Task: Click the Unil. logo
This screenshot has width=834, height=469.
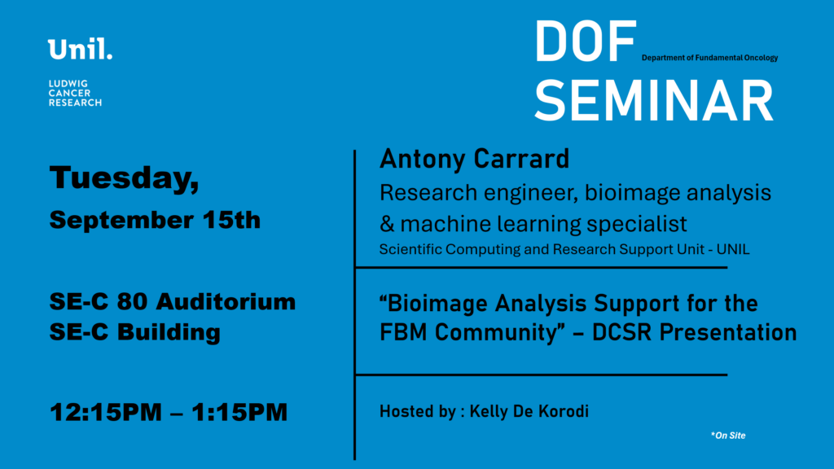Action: pyautogui.click(x=80, y=49)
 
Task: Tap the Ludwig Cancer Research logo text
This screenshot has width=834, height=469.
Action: pyautogui.click(x=75, y=93)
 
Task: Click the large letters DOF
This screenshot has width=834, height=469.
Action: pyautogui.click(x=585, y=42)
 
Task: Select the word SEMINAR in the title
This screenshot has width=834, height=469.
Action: pyautogui.click(x=654, y=101)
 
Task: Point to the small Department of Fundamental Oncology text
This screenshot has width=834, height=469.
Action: pyautogui.click(x=709, y=58)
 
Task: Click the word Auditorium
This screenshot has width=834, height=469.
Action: pyautogui.click(x=226, y=301)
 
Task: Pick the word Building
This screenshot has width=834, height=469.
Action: pyautogui.click(x=169, y=333)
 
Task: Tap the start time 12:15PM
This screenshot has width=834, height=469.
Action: pyautogui.click(x=105, y=413)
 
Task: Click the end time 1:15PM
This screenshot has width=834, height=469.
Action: pyautogui.click(x=239, y=413)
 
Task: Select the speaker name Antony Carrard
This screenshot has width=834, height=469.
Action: pyautogui.click(x=475, y=159)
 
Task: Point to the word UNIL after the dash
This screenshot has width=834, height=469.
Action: pyautogui.click(x=733, y=249)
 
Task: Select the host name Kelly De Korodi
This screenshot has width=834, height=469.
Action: pyautogui.click(x=529, y=411)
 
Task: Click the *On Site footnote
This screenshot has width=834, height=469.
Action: pyautogui.click(x=728, y=436)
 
